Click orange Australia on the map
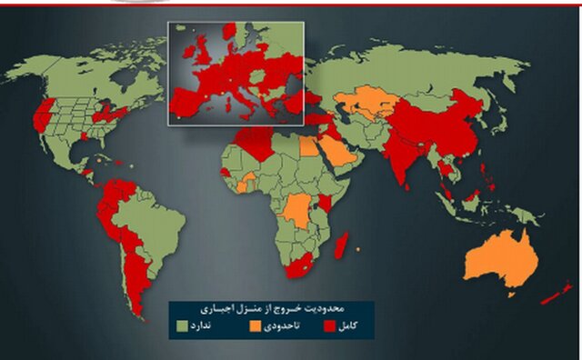(x=501, y=258)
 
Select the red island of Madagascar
(x=342, y=244)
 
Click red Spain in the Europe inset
(x=187, y=100)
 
